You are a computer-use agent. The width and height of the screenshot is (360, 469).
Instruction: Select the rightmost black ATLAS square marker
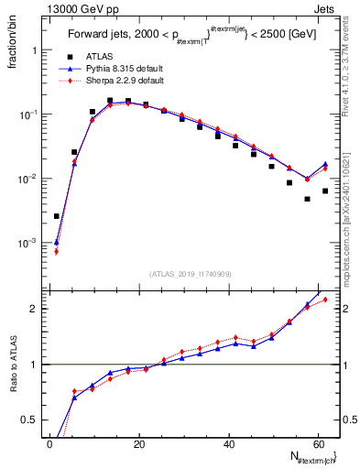click(x=325, y=191)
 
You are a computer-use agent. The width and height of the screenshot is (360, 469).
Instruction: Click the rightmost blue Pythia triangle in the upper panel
click(x=325, y=164)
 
